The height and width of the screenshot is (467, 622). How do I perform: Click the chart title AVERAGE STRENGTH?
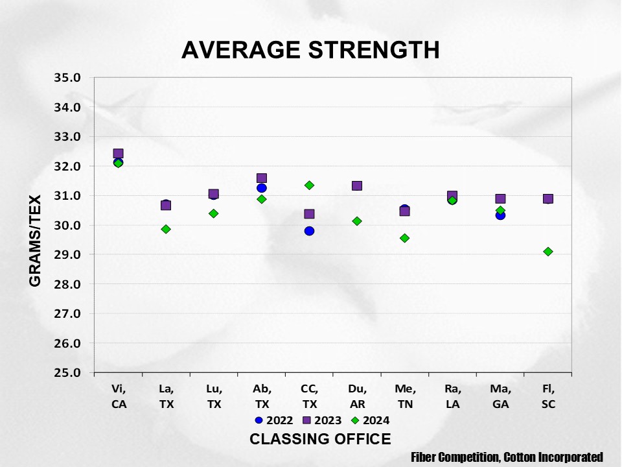[x=310, y=50]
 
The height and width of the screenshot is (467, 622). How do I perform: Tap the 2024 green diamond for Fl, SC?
[x=548, y=252]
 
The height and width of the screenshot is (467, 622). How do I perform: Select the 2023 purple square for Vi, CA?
[x=118, y=154]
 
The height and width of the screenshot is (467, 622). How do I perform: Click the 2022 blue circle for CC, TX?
[x=309, y=231]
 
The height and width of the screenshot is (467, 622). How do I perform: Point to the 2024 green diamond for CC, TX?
[x=309, y=186]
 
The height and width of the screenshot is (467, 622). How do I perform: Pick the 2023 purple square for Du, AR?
[x=357, y=186]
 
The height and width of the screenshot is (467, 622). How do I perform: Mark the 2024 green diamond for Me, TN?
[x=404, y=238]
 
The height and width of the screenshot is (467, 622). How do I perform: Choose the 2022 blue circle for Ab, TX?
[x=262, y=188]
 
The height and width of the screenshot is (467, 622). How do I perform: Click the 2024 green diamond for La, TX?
[x=166, y=229]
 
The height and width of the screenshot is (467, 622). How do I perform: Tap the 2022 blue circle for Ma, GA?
[x=500, y=215]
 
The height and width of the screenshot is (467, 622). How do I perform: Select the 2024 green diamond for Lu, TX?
[x=214, y=213]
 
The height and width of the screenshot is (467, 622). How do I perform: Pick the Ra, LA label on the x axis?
[x=452, y=396]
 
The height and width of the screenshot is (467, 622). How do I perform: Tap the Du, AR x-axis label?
[x=357, y=396]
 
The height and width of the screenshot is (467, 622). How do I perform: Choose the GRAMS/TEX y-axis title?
[x=35, y=241]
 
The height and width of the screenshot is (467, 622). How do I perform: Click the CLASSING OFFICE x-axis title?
[x=320, y=439]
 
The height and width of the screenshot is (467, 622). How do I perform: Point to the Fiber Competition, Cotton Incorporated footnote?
[x=507, y=457]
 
